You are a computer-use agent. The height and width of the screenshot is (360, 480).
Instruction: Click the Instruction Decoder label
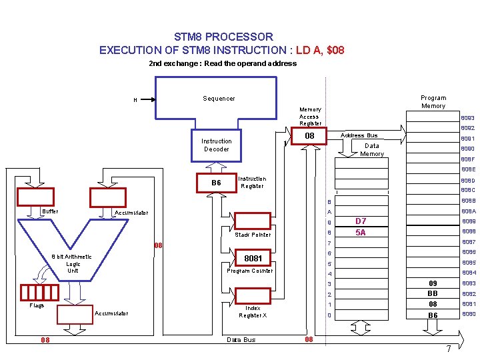pos(217,145)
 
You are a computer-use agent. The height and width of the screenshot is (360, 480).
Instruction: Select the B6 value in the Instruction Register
pos(216,183)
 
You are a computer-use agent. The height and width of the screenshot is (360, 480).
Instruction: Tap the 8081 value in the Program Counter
pos(253,258)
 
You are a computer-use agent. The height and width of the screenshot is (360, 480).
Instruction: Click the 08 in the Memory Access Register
pos(309,137)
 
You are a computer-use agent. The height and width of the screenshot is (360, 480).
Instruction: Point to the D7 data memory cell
pos(361,221)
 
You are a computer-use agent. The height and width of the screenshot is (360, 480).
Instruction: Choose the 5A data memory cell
pos(361,233)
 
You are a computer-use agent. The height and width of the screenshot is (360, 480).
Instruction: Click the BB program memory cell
pos(433,293)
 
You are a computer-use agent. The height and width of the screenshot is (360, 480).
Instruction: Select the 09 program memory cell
pos(433,283)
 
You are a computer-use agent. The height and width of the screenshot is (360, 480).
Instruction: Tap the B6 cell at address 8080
pos(433,315)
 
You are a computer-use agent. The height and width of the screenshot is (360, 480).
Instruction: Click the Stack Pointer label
pos(253,235)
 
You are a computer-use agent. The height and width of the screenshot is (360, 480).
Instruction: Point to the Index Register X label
pos(253,311)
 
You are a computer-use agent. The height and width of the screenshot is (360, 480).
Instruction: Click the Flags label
pos(37,305)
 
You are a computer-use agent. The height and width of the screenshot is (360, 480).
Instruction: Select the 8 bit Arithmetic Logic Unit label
pos(73,263)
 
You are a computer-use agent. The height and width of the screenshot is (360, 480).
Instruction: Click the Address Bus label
pos(359,135)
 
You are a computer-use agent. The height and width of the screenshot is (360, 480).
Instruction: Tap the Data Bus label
pos(241,340)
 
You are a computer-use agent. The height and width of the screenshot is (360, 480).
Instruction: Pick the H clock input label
pos(135,100)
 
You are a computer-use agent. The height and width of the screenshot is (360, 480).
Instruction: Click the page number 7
pos(449,349)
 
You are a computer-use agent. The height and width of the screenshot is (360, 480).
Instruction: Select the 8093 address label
pos(467,118)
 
